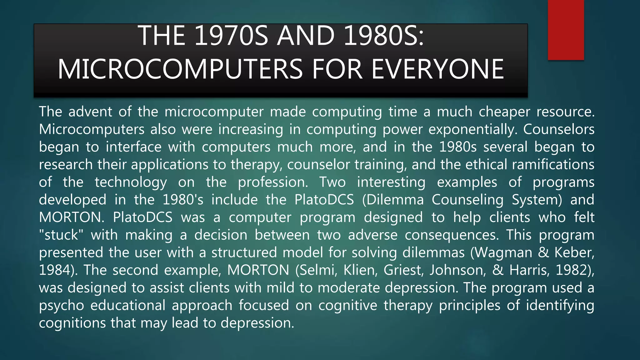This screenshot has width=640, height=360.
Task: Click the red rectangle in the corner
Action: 566,30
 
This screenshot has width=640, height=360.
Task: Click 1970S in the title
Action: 231,36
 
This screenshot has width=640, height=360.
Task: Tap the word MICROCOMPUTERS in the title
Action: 180,69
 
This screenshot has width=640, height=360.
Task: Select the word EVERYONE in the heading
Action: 437,69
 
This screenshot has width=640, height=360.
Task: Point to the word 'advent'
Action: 90,112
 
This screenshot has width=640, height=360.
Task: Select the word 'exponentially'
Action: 472,130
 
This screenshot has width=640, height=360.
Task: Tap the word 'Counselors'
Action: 559,130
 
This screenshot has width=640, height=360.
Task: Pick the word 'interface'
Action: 133,147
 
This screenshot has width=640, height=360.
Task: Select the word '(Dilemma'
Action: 393,200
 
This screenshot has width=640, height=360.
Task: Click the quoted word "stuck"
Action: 61,235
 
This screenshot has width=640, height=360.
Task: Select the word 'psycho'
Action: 62,306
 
